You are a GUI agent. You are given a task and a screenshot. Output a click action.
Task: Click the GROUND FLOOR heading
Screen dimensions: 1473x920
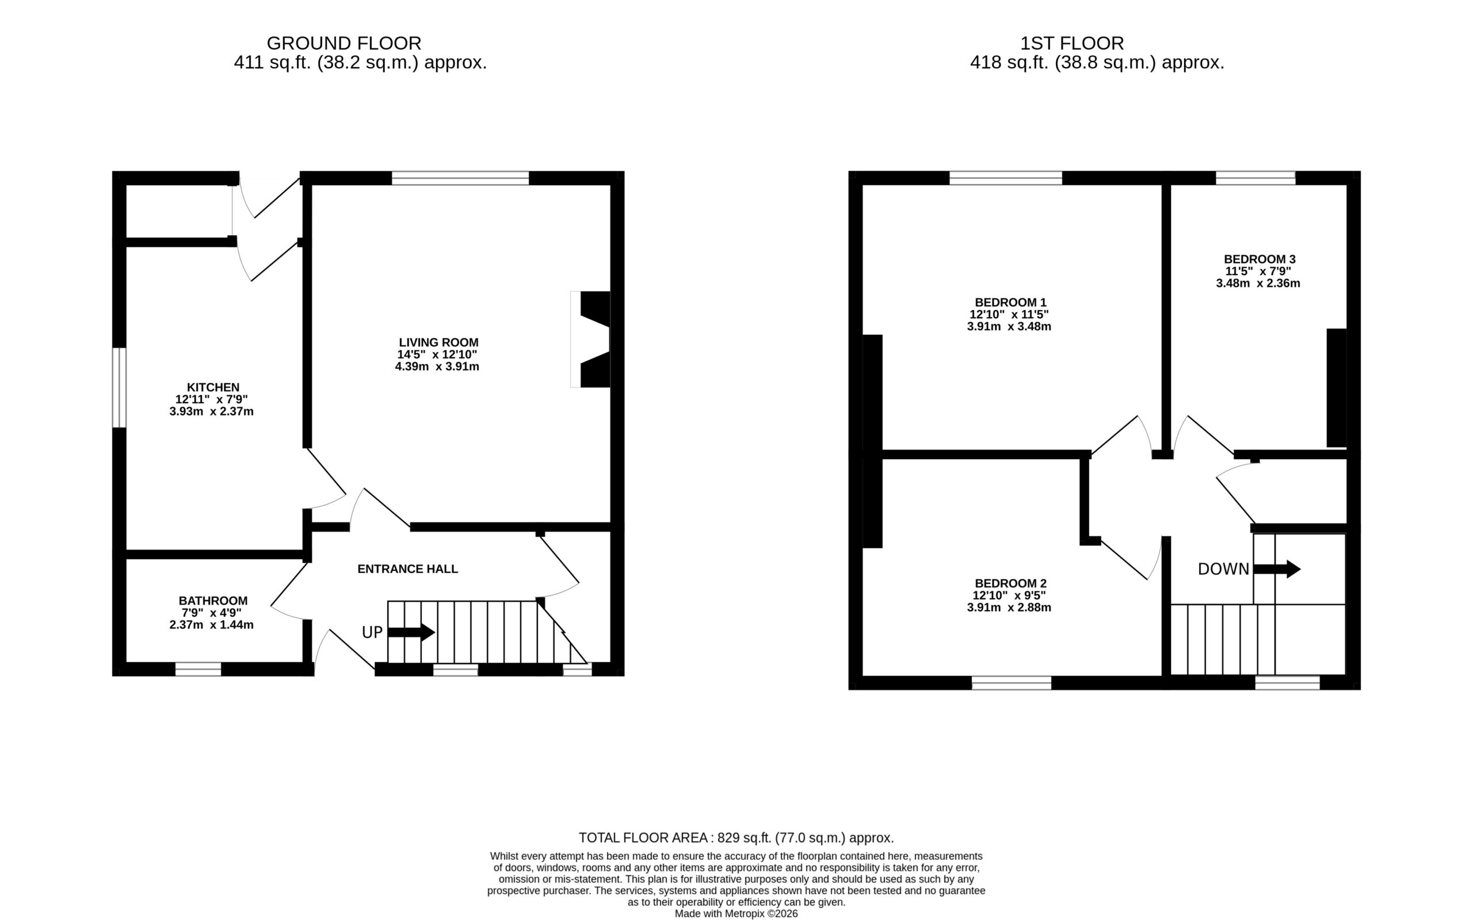(344, 43)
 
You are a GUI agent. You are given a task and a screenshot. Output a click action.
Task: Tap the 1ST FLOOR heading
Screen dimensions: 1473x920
(1072, 43)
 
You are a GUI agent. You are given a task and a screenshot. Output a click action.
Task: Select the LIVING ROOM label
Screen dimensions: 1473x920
(438, 342)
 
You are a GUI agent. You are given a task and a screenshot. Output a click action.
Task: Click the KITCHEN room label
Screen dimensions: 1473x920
(213, 387)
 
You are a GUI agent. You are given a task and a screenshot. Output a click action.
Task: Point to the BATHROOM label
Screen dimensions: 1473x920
(213, 601)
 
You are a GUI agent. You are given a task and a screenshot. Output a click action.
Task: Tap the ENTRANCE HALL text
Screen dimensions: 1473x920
(407, 569)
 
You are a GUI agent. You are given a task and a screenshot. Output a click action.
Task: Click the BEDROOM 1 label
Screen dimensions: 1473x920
(1010, 303)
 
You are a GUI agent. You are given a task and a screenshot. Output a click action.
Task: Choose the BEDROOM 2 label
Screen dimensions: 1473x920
(1010, 583)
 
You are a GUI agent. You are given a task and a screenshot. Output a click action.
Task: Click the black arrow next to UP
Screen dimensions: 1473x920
(411, 632)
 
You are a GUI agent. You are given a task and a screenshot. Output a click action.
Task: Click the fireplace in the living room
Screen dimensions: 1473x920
(590, 339)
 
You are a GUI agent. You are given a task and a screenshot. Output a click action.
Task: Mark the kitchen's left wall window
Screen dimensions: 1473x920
(119, 388)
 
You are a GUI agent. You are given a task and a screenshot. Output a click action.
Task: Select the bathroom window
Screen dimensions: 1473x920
(199, 669)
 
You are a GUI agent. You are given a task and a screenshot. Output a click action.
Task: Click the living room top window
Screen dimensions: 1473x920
(460, 178)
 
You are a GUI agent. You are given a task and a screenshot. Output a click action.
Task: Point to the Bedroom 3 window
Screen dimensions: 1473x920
(1256, 178)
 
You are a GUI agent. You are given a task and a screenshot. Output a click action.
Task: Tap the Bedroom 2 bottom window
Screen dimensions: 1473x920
(1011, 683)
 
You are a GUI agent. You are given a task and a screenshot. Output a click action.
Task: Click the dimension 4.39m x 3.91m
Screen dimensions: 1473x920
(437, 367)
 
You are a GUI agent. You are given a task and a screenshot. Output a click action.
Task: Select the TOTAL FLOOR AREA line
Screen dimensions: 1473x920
(736, 838)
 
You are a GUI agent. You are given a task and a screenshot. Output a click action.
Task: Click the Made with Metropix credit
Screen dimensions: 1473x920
(736, 913)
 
